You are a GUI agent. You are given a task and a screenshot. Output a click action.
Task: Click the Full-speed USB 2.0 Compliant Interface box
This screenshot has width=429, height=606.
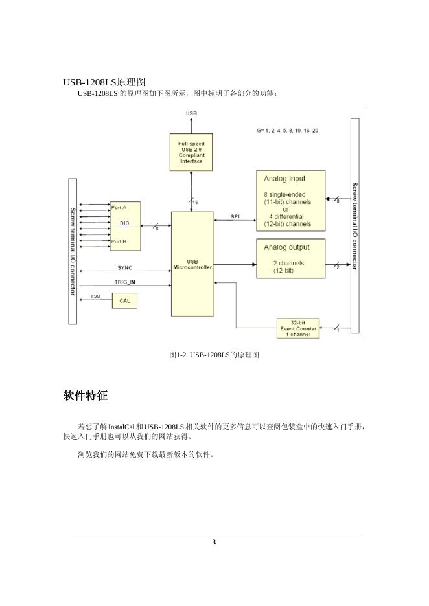(x=191, y=151)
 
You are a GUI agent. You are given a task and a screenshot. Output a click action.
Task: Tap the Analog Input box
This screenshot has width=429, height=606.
(x=290, y=201)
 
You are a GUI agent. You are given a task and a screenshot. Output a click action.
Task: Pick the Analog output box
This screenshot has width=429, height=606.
(x=290, y=258)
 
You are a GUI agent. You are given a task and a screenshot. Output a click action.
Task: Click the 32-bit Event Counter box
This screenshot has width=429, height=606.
(x=298, y=328)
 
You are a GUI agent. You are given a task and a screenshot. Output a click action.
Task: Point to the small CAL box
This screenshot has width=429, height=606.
(x=124, y=300)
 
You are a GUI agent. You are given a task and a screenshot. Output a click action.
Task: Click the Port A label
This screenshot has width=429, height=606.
(x=119, y=208)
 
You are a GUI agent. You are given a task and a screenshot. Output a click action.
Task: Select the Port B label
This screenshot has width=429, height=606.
(x=119, y=241)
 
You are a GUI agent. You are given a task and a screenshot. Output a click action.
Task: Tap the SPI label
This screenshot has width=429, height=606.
(x=235, y=216)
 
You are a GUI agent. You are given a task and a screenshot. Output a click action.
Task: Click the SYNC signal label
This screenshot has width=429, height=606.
(x=125, y=267)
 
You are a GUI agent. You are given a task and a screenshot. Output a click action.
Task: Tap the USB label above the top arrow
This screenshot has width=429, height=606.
(x=192, y=113)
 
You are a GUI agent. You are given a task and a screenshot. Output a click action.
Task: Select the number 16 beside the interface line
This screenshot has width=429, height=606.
(x=196, y=203)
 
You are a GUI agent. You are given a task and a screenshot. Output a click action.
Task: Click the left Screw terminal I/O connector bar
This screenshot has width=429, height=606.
(x=73, y=251)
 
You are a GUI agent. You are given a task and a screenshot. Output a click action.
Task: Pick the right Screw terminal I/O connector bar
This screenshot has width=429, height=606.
(x=354, y=225)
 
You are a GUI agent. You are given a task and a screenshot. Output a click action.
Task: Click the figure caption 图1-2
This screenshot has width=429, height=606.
(x=214, y=355)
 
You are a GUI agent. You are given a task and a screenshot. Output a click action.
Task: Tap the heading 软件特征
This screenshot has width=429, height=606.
(x=86, y=396)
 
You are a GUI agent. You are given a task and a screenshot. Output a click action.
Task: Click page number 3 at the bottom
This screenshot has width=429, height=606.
(x=214, y=543)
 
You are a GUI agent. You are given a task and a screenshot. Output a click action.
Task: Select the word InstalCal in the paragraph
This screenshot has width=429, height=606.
(x=122, y=427)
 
